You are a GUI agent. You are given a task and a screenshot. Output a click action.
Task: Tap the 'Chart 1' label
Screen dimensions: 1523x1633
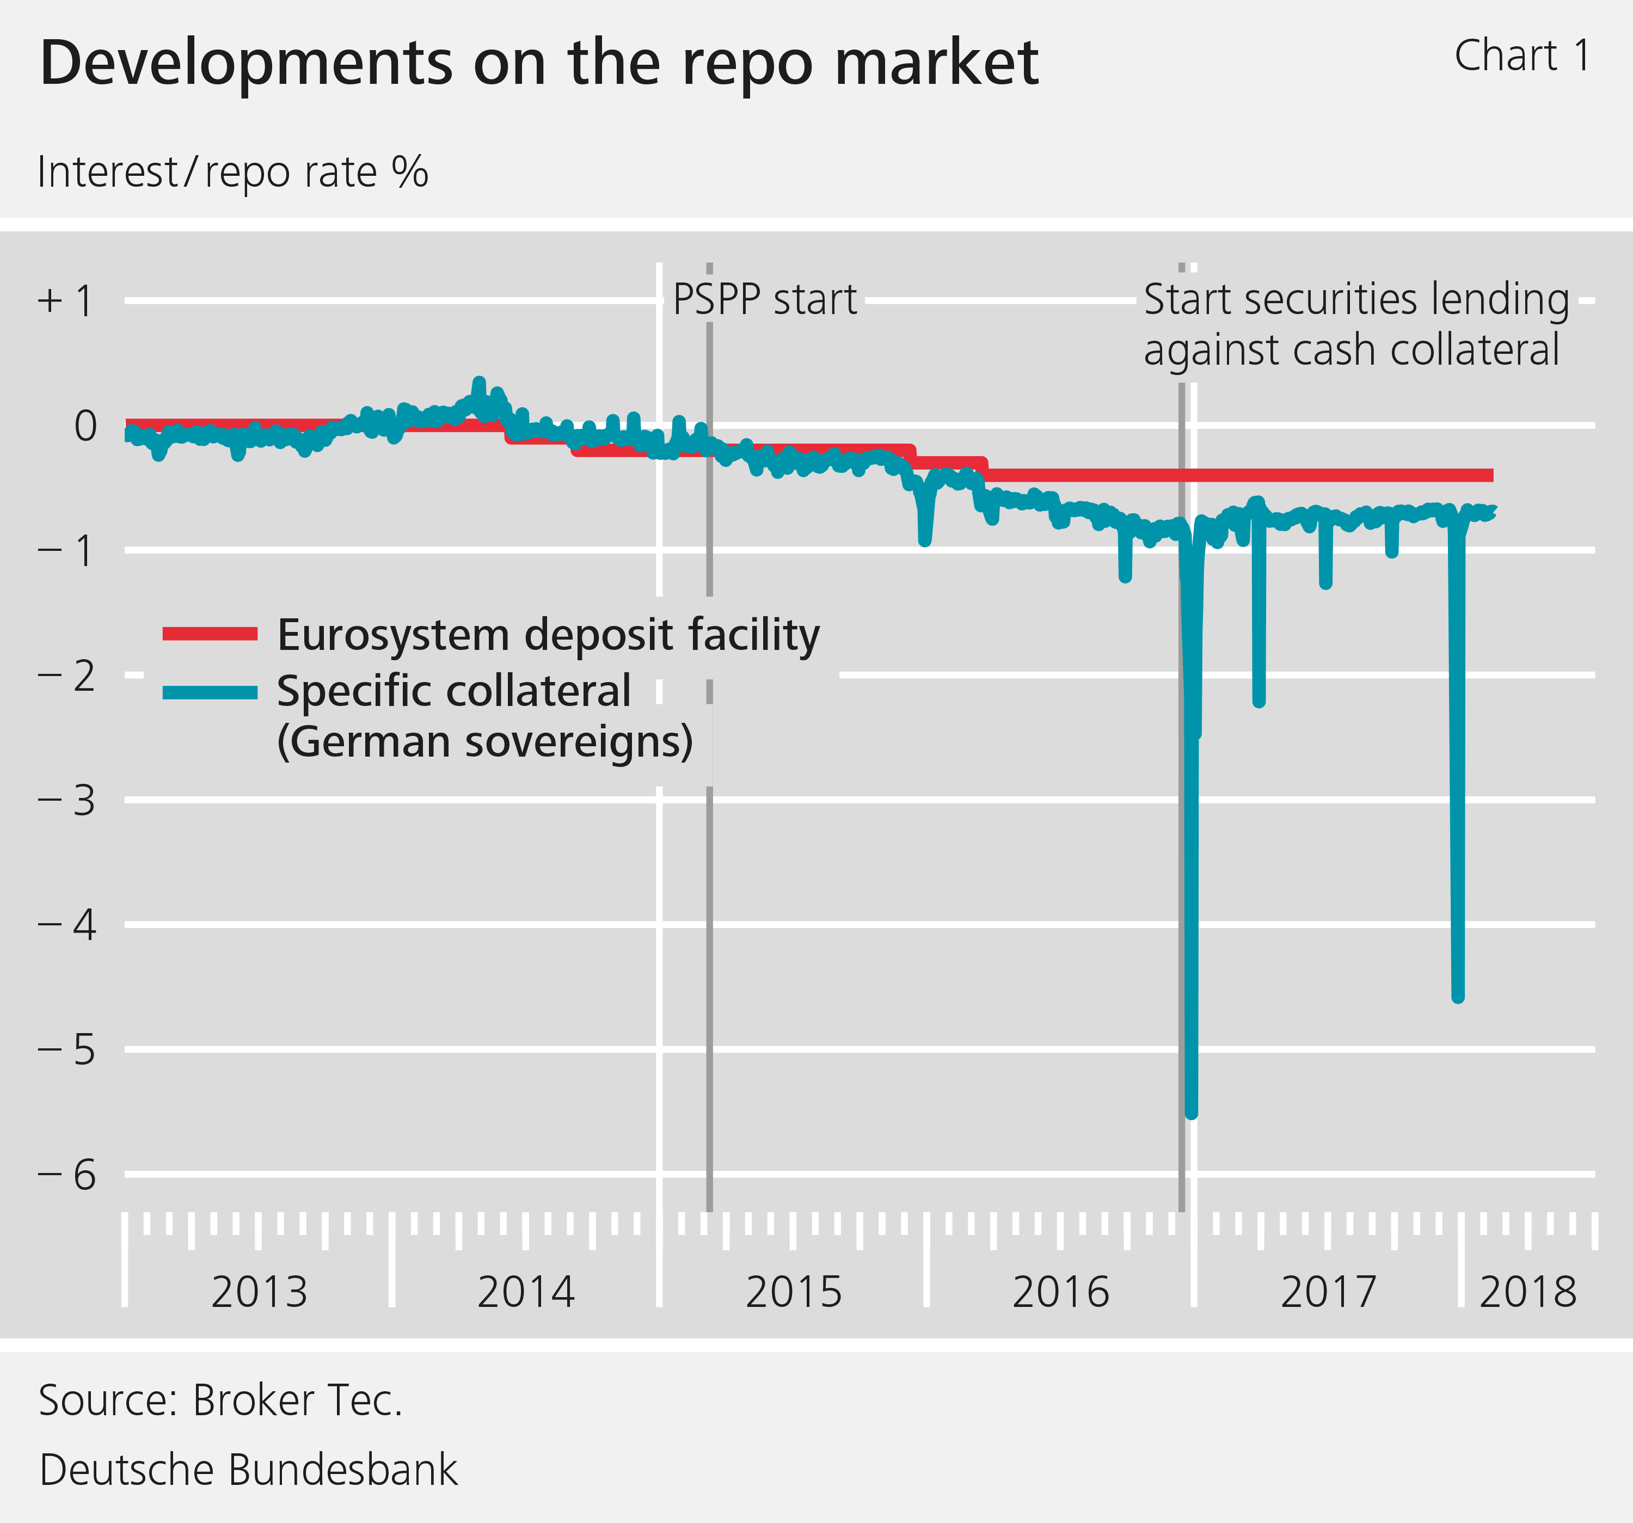click(1522, 57)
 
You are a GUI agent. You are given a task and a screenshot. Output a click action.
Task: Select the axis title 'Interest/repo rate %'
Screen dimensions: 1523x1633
click(232, 173)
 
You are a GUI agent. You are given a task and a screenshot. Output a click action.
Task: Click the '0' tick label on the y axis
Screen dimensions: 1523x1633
click(85, 426)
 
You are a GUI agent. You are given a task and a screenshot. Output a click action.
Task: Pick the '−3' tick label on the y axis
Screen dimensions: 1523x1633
click(67, 800)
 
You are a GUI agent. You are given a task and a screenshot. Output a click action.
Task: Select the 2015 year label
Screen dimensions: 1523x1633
click(794, 1292)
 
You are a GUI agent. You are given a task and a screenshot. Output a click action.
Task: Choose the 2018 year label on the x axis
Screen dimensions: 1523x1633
click(1528, 1292)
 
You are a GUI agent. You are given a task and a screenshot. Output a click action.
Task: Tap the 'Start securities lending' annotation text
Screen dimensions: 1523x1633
click(1356, 300)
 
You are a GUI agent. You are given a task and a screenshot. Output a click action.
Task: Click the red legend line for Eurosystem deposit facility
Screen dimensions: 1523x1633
click(210, 634)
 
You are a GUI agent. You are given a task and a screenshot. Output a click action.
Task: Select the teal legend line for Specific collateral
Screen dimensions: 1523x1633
click(210, 692)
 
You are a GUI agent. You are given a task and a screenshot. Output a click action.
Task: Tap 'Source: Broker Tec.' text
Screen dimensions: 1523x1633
click(220, 1401)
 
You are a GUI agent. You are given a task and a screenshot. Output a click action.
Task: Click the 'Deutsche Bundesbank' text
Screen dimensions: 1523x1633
click(248, 1470)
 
